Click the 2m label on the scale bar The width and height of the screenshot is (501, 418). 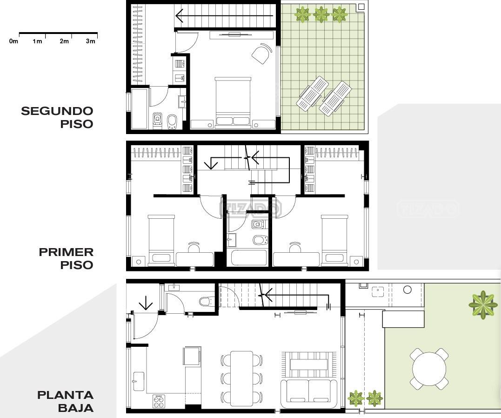[64, 41]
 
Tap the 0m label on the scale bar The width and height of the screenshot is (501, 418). [14, 41]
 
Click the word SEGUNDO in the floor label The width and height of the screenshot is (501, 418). [57, 111]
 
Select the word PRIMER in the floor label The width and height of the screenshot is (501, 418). [66, 252]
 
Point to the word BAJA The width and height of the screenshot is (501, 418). [76, 408]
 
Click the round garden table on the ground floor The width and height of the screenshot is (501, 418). [429, 369]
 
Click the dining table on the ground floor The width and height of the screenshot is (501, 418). [241, 378]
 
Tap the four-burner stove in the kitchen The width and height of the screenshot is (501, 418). [159, 401]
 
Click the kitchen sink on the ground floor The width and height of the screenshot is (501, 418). [138, 381]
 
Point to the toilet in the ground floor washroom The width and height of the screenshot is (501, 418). [206, 301]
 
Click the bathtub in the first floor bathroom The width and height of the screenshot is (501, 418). [248, 258]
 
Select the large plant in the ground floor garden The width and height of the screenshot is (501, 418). [483, 305]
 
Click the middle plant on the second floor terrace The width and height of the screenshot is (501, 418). [321, 15]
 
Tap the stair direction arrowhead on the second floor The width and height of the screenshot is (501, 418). [179, 16]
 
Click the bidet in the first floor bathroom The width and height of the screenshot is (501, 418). [260, 240]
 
